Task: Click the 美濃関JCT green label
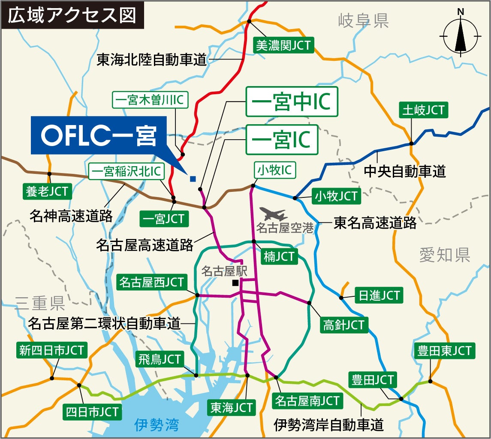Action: (x=284, y=45)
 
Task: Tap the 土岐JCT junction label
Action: (x=423, y=110)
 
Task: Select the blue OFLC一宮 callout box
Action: (x=99, y=135)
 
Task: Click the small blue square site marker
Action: (x=193, y=179)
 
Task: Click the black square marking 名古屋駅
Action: (x=235, y=283)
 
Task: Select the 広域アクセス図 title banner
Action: (x=72, y=15)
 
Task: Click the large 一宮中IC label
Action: (x=292, y=102)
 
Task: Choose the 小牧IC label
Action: (x=274, y=170)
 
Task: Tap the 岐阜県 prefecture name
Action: (x=363, y=20)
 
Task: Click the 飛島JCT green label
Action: (x=160, y=359)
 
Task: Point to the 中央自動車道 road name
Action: (x=404, y=171)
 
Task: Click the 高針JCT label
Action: (x=343, y=325)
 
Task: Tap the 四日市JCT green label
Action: (x=92, y=412)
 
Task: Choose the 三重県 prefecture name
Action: (x=40, y=304)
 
